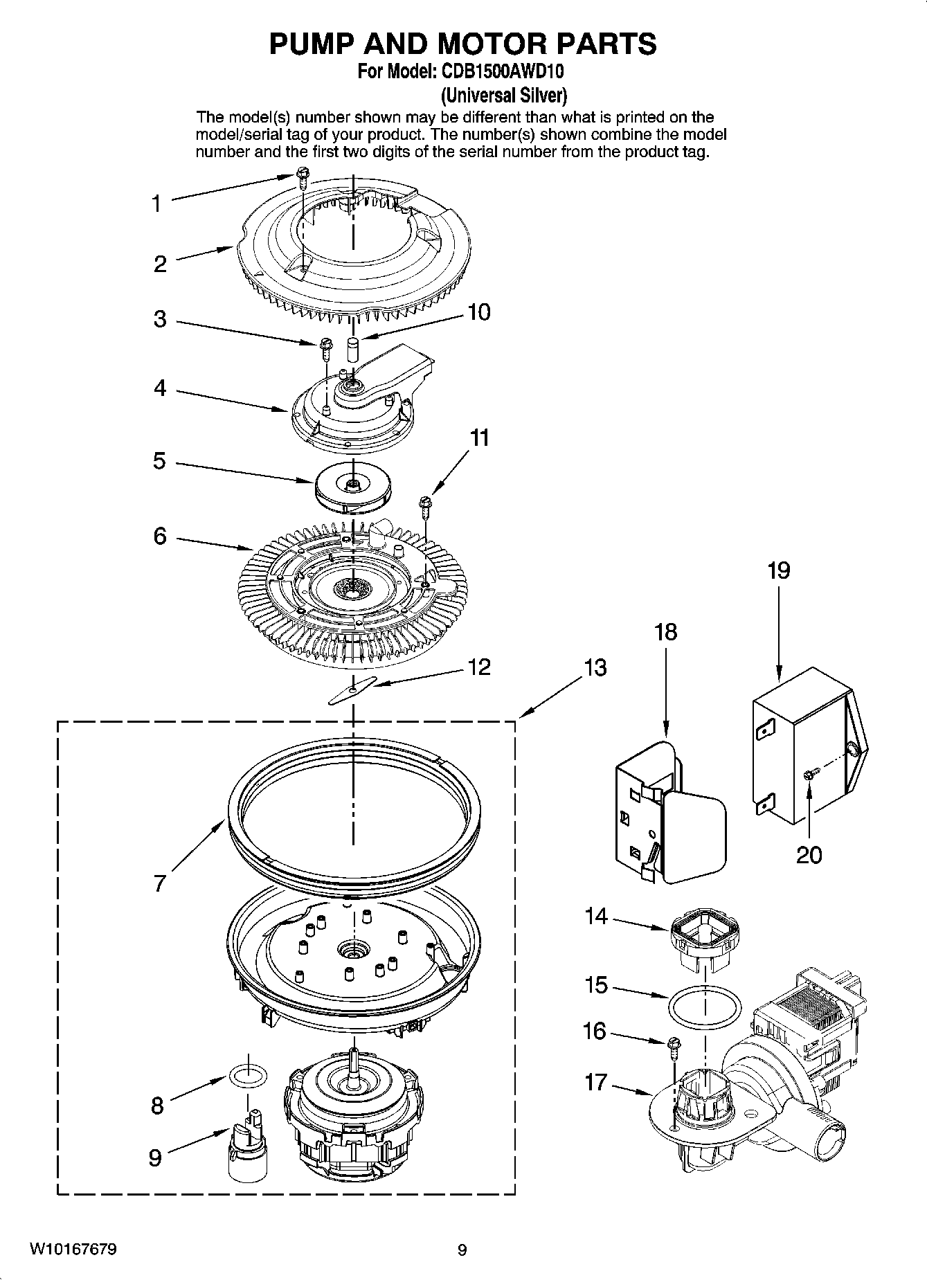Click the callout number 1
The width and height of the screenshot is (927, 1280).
pyautogui.click(x=156, y=204)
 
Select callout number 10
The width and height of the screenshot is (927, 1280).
pyautogui.click(x=478, y=312)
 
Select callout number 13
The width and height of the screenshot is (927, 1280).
pyautogui.click(x=595, y=668)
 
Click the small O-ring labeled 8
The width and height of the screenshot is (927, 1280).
pyautogui.click(x=249, y=1076)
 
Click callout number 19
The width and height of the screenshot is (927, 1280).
pyautogui.click(x=778, y=571)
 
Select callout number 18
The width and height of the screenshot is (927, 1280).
pyautogui.click(x=665, y=632)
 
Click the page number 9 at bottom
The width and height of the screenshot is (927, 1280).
pyautogui.click(x=462, y=1250)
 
